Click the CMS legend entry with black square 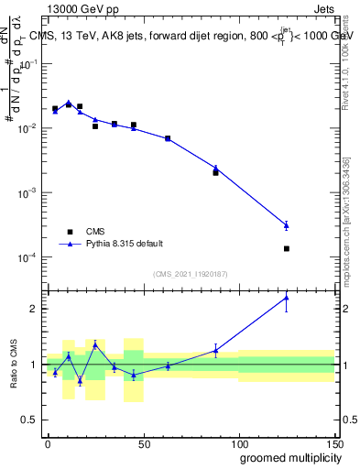tap(102, 232)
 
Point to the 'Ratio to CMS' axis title tap(13, 365)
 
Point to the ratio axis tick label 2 tap(34, 309)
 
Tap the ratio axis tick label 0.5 tap(30, 420)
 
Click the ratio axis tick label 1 tap(34, 365)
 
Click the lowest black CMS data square tap(287, 248)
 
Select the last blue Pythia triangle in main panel tap(287, 224)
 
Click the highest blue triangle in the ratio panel tap(287, 298)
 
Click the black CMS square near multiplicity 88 tap(215, 172)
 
